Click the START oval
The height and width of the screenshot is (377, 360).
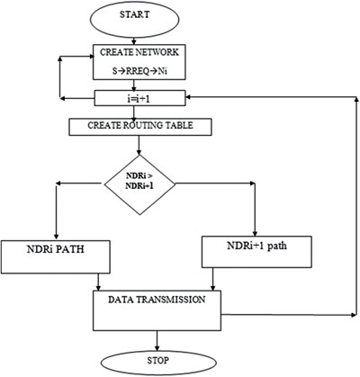click(x=135, y=19)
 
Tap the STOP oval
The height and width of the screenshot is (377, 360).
click(x=158, y=364)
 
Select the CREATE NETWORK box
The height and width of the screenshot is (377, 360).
click(x=139, y=62)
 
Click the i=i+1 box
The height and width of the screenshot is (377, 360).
click(x=139, y=98)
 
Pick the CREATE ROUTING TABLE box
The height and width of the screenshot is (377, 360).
click(x=140, y=127)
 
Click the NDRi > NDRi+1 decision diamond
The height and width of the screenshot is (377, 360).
click(x=139, y=184)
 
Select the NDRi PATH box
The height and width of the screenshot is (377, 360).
click(x=56, y=256)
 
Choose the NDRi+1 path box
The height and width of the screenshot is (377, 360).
click(x=256, y=252)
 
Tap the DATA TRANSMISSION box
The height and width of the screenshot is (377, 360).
click(x=157, y=310)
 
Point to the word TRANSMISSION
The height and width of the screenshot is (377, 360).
click(x=170, y=300)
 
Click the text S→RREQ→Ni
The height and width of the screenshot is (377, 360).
click(x=139, y=72)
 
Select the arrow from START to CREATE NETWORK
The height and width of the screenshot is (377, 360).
click(x=134, y=40)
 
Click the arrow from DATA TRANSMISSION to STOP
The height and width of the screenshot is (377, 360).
click(x=157, y=341)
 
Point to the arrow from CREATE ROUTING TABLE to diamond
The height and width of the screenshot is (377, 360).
click(x=139, y=145)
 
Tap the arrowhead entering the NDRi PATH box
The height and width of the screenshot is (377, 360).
click(x=56, y=237)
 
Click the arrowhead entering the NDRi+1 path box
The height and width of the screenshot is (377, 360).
click(x=255, y=233)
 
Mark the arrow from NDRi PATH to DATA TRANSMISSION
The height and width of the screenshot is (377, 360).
click(x=98, y=282)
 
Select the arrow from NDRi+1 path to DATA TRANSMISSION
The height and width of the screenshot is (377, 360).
click(x=212, y=279)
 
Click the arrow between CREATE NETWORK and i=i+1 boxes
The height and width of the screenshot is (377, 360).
click(x=133, y=85)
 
